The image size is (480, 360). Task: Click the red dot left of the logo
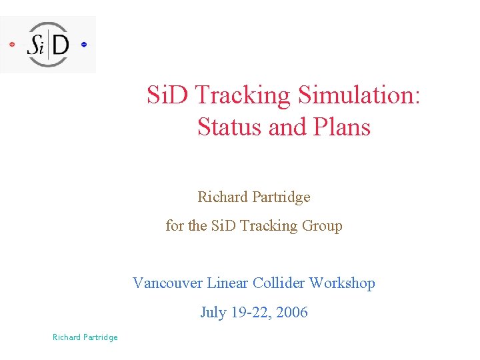point(12,45)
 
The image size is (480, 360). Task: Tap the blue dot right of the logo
point(84,45)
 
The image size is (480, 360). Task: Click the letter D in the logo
point(60,45)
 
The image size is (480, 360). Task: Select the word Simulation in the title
point(360,96)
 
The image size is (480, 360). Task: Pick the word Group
point(322,226)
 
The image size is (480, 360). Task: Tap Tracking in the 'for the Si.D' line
point(269,226)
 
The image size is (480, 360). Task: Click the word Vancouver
point(167,283)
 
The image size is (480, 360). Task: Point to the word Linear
point(228,283)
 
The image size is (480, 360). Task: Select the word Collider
point(278,283)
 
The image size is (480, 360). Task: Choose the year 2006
point(293,313)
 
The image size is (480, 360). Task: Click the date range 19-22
point(251,313)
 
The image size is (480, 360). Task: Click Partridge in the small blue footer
point(100,337)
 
